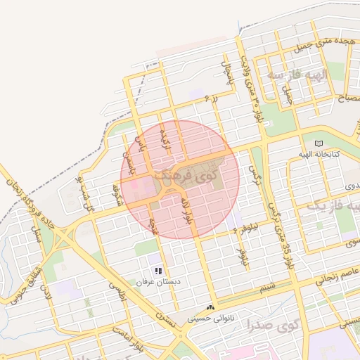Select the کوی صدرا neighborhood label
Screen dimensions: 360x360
[x=272, y=324]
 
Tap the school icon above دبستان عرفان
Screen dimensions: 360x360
[x=159, y=271]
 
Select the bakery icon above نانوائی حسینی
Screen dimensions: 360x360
[x=211, y=308]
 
